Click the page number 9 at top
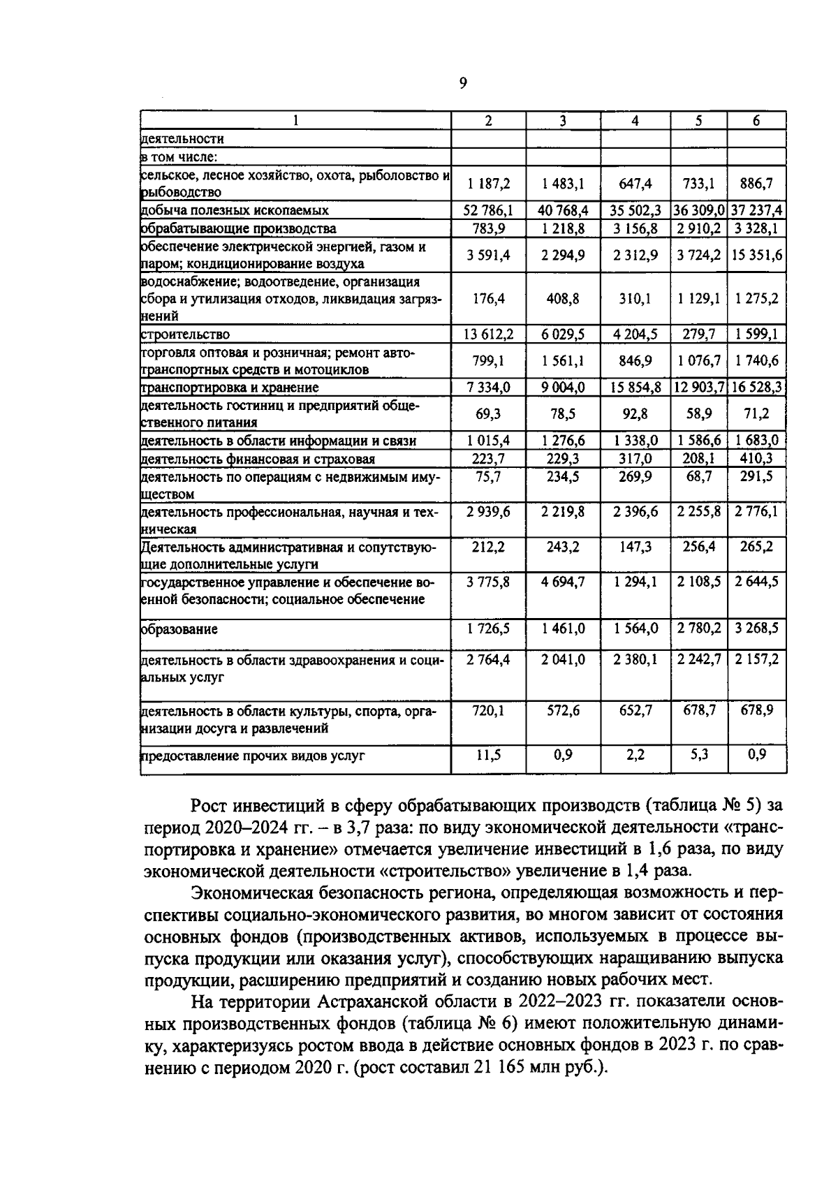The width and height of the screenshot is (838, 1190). (x=462, y=84)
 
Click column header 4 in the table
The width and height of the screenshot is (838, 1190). (x=635, y=120)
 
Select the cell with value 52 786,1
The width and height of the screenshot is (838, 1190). (x=488, y=210)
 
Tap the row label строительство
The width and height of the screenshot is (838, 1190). (x=186, y=335)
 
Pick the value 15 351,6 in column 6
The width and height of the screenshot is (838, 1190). (x=756, y=256)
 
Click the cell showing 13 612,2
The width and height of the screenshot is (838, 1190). (x=488, y=335)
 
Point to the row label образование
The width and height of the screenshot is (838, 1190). (x=179, y=629)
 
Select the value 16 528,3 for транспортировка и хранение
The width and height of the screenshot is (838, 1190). (x=756, y=387)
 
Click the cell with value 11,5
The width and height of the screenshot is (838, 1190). (x=488, y=755)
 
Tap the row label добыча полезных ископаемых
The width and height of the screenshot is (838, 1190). (x=235, y=210)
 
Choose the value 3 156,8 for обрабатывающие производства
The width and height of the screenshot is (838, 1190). (x=635, y=228)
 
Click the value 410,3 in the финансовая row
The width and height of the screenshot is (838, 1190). (x=756, y=459)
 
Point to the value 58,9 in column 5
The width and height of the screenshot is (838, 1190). (x=698, y=414)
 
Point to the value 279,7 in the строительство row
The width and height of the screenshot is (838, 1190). (x=698, y=335)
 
